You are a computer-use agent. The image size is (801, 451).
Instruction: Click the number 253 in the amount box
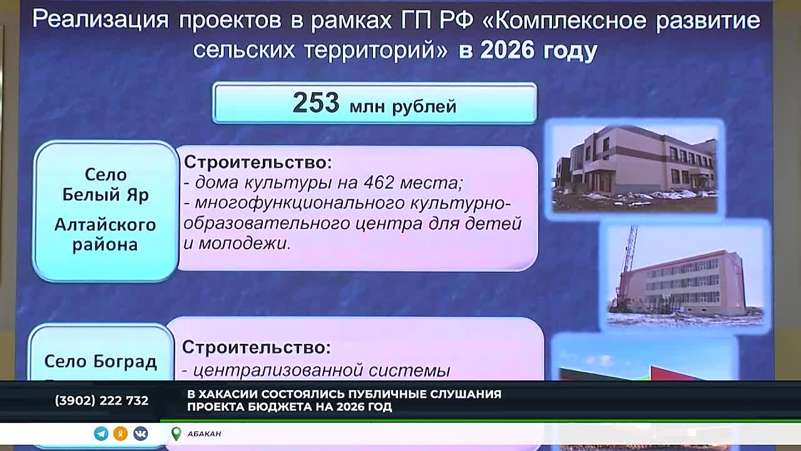tap(315, 103)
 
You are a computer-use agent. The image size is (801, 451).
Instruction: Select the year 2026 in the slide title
tap(506, 50)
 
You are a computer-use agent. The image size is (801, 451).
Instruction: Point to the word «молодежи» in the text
tap(243, 243)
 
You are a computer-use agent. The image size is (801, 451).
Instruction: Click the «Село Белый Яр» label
tap(105, 184)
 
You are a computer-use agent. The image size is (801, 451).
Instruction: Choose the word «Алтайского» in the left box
tap(105, 224)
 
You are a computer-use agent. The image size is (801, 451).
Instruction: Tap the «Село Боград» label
tap(100, 361)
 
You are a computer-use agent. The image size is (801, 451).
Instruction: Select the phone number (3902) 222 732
tap(101, 400)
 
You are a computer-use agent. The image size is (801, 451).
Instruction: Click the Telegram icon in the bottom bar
tap(101, 433)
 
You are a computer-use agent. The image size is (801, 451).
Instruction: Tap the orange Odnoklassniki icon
tap(121, 433)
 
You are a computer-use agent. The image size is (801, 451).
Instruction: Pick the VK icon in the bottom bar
tap(140, 433)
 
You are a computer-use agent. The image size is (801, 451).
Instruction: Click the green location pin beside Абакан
tap(176, 433)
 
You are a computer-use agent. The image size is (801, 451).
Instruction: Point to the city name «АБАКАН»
tap(204, 433)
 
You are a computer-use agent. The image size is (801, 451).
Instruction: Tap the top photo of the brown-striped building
tap(635, 168)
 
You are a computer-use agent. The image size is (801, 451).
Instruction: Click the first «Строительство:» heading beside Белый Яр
tap(257, 162)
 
